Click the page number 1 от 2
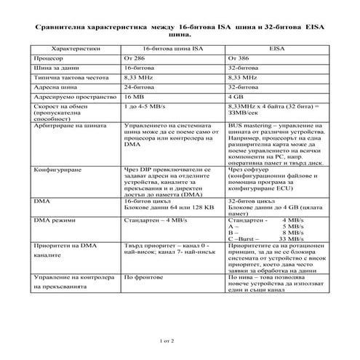[167, 340]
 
